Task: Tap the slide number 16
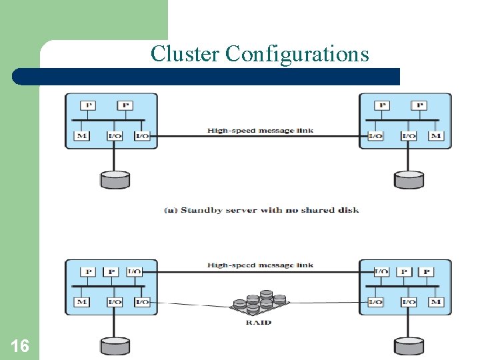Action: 20,345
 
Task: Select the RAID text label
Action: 259,323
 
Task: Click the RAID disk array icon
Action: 259,303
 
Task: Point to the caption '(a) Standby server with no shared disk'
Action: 261,210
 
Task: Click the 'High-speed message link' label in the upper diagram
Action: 260,131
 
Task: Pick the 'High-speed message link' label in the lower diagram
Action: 260,265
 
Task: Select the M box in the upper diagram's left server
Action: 81,136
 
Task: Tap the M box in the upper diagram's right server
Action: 436,136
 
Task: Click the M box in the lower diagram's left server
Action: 81,302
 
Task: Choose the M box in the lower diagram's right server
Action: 436,302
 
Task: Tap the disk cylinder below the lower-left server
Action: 115,345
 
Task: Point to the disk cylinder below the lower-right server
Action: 409,345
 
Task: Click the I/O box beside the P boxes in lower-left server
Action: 133,271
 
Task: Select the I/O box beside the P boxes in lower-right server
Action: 381,271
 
